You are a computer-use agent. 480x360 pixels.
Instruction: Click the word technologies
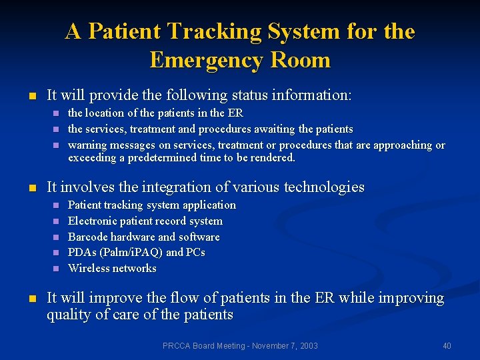[324, 187]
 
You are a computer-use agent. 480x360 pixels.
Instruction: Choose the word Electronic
[93, 221]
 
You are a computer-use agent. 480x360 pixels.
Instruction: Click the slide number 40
[447, 345]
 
